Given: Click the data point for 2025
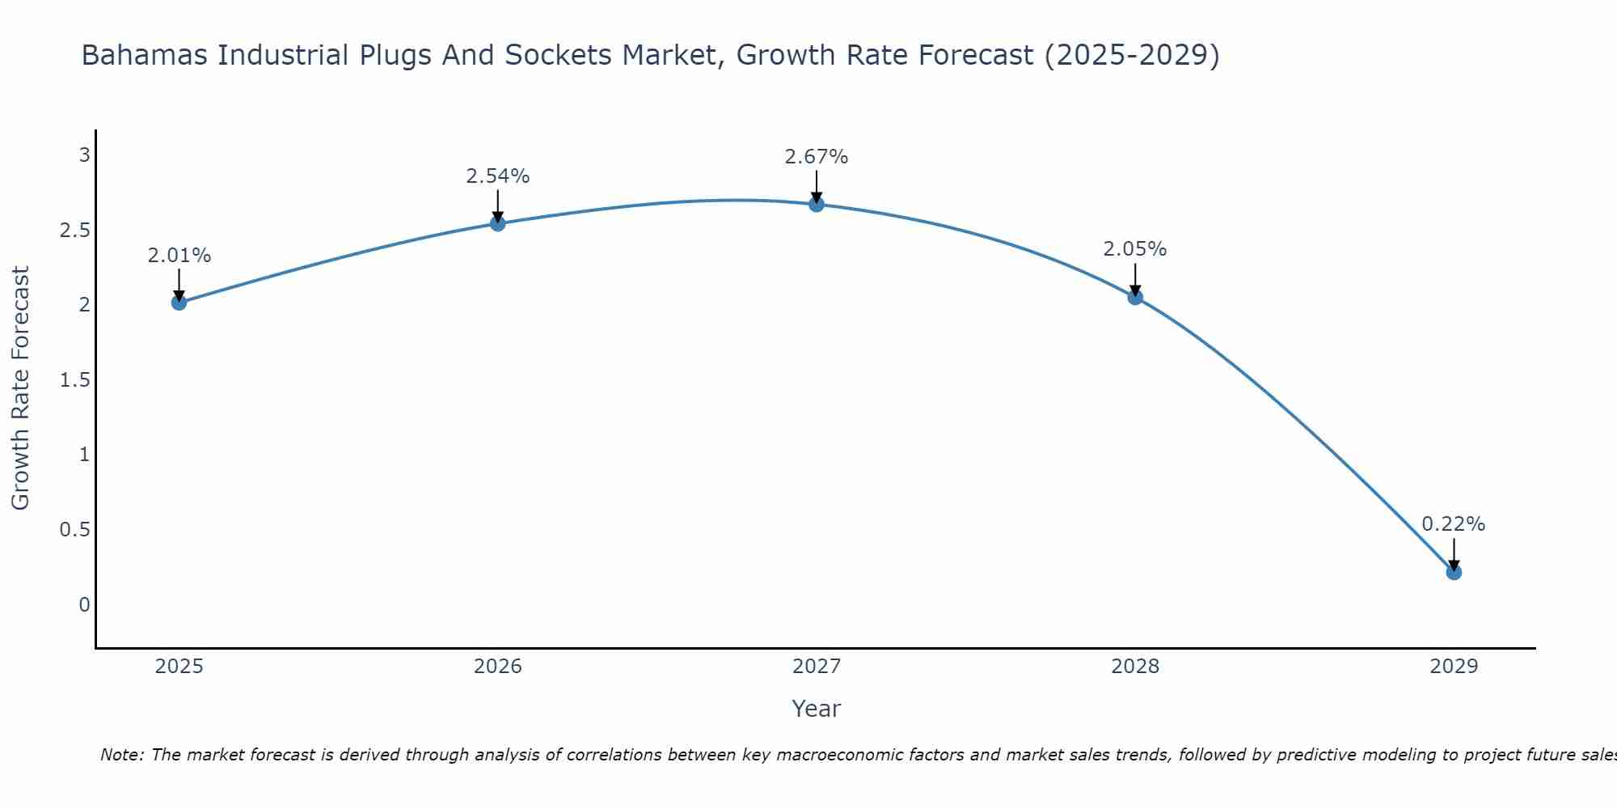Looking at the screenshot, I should pos(179,303).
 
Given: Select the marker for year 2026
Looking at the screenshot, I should pos(498,223).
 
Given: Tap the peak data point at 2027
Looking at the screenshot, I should pos(817,204).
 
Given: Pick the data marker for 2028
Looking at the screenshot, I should pos(1135,297).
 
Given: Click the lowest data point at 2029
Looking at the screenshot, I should pos(1454,572).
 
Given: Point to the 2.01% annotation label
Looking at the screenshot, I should pos(179,256).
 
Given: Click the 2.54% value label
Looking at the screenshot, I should pos(498,176).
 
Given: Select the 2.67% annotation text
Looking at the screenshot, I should pos(817,157).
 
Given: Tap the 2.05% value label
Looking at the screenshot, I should pos(1135,249).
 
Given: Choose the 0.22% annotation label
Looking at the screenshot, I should pos(1454,524).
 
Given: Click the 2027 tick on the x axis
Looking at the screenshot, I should pos(817,667).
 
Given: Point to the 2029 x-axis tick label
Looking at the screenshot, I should pos(1454,667).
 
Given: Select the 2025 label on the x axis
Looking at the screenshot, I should pos(179,667).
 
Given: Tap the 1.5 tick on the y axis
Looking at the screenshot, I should pos(74,379).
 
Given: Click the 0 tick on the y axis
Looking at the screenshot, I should pos(84,604).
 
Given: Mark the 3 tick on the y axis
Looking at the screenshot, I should pos(84,155).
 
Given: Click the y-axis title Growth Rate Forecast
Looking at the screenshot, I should pos(20,388).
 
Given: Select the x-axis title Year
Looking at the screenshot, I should pos(817,709).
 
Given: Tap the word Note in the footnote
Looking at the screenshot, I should pos(121,755).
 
